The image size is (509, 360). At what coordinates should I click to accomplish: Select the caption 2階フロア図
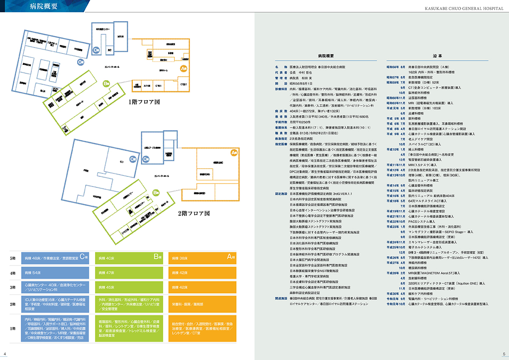194,214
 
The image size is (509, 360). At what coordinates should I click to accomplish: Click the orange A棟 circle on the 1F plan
184,68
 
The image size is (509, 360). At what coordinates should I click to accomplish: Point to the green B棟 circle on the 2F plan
156,193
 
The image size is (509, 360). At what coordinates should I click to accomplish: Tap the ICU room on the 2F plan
121,162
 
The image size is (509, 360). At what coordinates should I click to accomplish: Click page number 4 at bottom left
5,354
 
